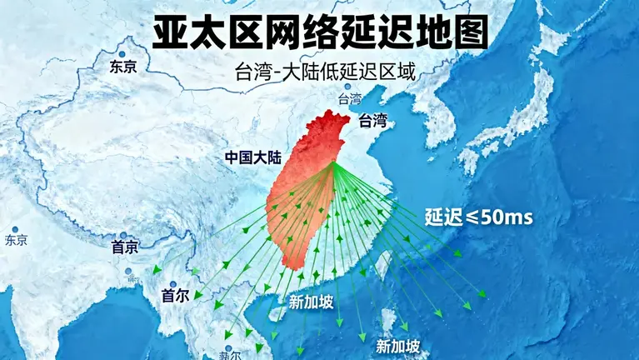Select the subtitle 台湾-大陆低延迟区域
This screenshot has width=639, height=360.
326,71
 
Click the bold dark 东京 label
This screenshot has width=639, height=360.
122,67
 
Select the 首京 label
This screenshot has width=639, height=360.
125,247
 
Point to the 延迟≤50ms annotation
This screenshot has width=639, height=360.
479,217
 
